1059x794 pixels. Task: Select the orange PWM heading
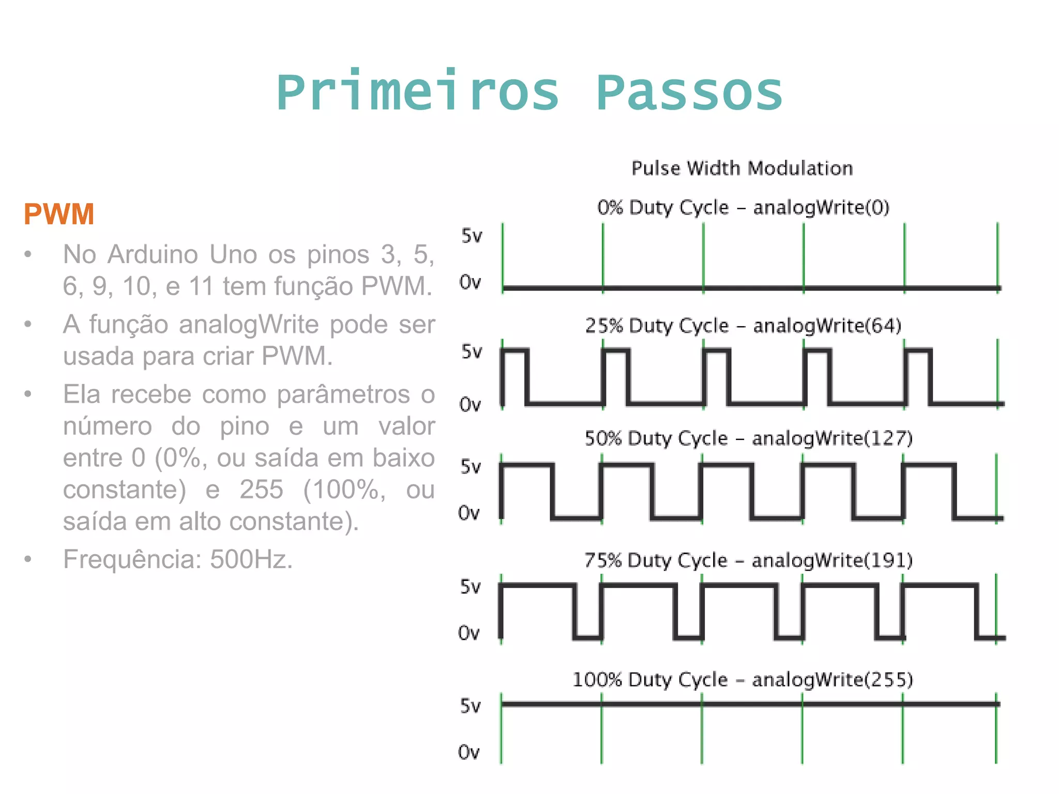coord(59,214)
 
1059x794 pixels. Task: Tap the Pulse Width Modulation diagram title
coord(742,169)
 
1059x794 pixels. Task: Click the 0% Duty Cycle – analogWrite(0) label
coord(743,207)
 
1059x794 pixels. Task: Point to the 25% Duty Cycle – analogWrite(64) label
coord(743,326)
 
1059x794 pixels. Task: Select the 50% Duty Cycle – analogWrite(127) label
coord(748,438)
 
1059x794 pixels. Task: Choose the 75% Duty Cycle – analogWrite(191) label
coord(748,560)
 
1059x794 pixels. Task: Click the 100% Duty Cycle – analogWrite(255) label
coord(743,680)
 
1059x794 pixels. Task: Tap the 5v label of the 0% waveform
coord(472,236)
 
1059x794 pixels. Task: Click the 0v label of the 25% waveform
coord(470,404)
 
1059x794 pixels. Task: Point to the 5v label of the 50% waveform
coord(471,467)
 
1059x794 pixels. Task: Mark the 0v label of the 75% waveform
coord(469,633)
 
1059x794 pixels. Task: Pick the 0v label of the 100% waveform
coord(469,752)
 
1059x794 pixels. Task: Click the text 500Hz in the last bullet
coord(251,559)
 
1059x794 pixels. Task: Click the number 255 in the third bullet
coord(261,489)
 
